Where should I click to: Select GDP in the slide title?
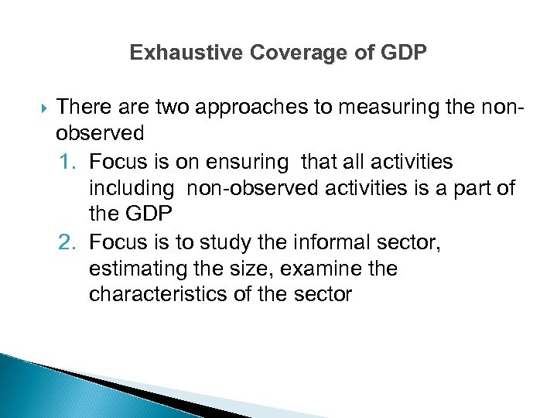click(x=404, y=53)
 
